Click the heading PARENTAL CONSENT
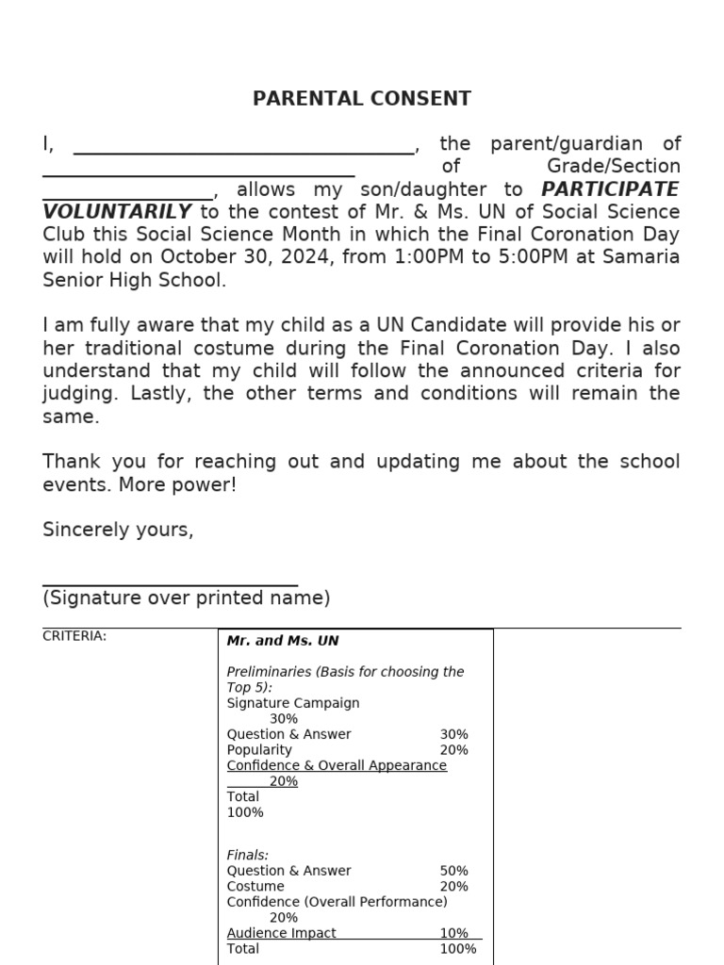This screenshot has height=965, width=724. tap(362, 99)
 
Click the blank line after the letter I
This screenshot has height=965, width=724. tap(243, 152)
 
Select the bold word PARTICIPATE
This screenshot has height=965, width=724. tap(610, 189)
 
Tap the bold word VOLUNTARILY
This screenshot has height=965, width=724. tap(117, 212)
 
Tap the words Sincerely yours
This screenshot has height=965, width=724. tap(118, 530)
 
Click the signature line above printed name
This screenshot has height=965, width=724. tap(171, 585)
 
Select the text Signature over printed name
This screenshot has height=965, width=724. tap(187, 598)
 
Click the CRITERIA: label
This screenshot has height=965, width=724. tap(74, 636)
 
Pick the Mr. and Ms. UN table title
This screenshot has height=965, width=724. tap(283, 641)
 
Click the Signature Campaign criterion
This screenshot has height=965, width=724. tap(293, 703)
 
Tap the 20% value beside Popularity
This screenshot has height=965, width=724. tap(453, 750)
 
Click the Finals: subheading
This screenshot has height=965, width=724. tap(248, 856)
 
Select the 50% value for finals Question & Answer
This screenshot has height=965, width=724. tap(453, 871)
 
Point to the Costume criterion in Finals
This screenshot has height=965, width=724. tap(255, 887)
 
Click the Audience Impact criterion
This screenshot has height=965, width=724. tap(282, 933)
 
